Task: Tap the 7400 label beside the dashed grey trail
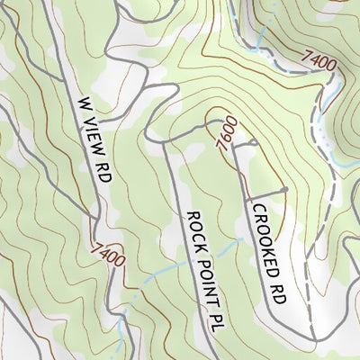[x=320, y=62]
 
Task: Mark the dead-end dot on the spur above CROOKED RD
[x=284, y=190]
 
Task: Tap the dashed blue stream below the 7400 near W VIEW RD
[x=126, y=306]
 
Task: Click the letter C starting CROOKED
[x=257, y=209]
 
